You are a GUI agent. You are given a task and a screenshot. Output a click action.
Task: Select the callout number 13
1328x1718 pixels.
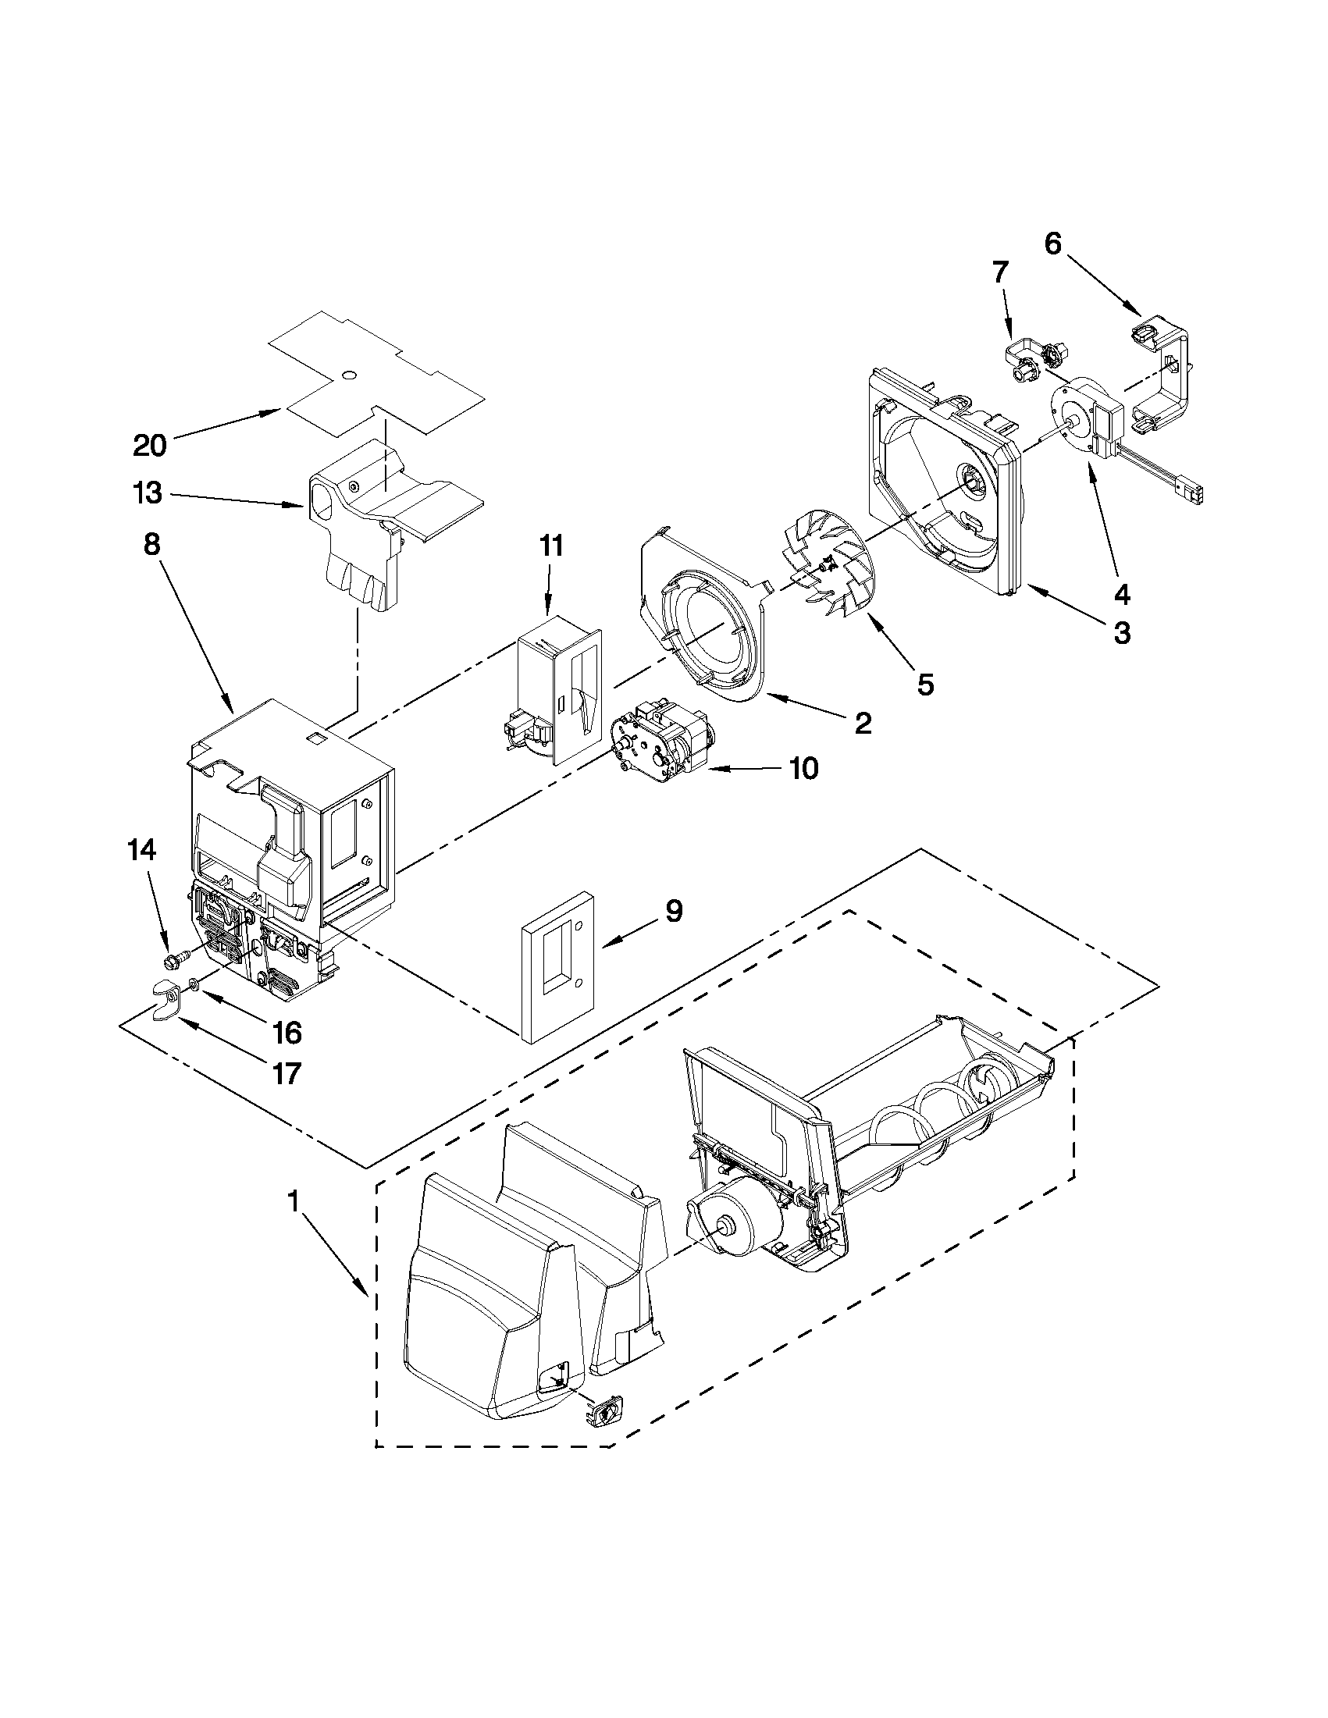coord(148,493)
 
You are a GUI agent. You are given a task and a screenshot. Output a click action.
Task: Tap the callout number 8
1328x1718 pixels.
coord(151,544)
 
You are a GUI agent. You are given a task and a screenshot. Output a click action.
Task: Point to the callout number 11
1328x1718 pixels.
coord(550,545)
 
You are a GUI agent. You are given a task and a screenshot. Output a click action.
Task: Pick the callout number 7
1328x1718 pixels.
coord(999,272)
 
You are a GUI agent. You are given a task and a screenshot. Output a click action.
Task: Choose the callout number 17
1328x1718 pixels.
coord(286,1073)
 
